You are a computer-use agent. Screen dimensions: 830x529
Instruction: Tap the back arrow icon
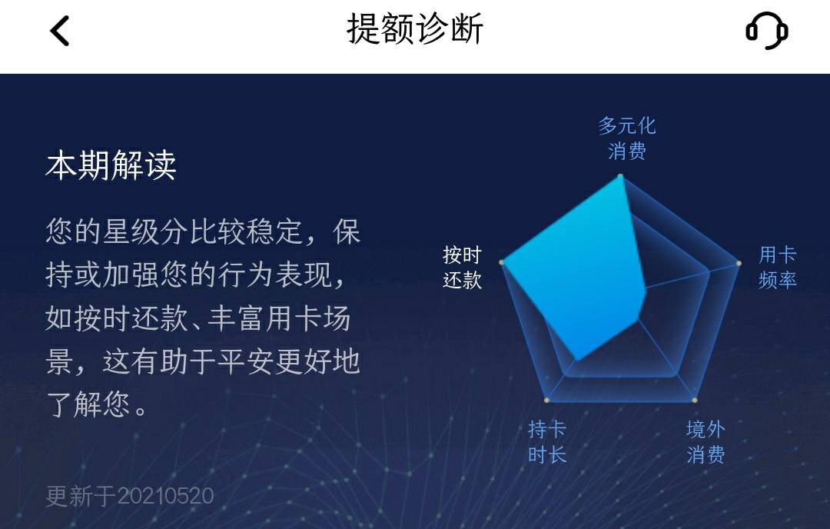click(59, 31)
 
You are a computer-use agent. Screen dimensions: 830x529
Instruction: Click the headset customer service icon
click(766, 32)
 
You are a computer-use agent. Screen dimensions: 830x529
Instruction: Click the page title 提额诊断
click(414, 29)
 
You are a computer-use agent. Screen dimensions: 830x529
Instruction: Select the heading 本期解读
click(111, 165)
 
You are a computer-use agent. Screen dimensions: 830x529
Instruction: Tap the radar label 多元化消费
click(627, 138)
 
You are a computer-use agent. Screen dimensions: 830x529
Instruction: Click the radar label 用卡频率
click(777, 267)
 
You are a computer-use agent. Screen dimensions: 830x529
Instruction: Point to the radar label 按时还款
click(462, 267)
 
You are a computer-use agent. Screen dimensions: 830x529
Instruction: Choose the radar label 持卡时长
click(547, 441)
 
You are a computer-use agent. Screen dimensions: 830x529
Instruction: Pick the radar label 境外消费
click(705, 441)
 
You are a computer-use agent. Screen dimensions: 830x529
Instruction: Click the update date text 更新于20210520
click(130, 496)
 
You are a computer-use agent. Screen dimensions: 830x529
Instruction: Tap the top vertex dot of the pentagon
click(620, 176)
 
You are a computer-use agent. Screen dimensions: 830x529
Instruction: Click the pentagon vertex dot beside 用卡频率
click(739, 263)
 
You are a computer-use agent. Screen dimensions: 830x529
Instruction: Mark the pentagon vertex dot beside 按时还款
click(502, 262)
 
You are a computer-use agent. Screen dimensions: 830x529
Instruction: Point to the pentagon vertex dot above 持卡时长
click(547, 400)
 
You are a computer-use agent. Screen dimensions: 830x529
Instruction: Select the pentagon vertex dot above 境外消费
click(695, 400)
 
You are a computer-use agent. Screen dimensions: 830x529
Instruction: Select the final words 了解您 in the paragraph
click(88, 405)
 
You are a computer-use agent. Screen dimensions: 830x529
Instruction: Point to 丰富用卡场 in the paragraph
click(279, 318)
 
